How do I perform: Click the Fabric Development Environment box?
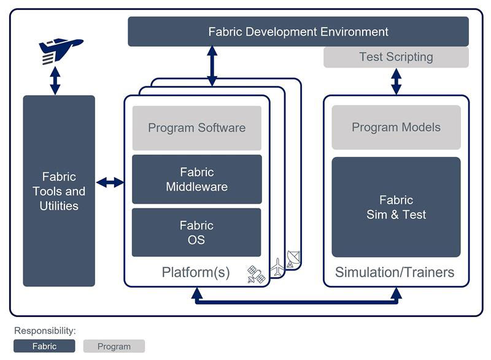pos(298,31)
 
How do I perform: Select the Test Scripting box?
pos(396,57)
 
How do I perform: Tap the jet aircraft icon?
pos(60,50)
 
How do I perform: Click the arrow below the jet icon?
pos(55,80)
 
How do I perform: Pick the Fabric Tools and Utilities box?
pos(59,191)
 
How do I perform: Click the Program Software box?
pos(196,128)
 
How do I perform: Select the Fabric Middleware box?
pos(196,179)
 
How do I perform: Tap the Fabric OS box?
pos(196,232)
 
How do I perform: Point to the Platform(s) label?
pos(196,272)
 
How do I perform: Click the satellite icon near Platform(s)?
pos(256,274)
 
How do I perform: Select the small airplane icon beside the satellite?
pos(277,267)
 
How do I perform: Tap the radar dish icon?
pos(293,259)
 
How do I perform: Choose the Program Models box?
pos(396,128)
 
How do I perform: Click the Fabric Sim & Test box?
pos(396,207)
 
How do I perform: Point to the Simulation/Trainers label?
pos(395,272)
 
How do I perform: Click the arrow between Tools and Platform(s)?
pos(110,182)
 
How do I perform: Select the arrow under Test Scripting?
pos(396,81)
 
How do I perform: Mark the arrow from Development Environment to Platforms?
pos(212,66)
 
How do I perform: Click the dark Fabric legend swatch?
pos(44,346)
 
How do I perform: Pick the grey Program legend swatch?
pos(114,346)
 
